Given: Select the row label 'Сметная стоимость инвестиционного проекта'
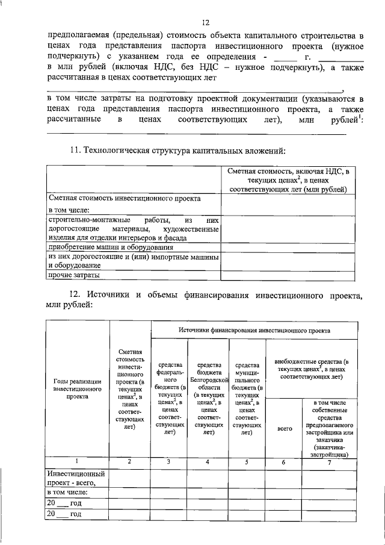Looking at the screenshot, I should click(x=124, y=198).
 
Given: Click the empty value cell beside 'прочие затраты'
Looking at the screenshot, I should click(x=287, y=275).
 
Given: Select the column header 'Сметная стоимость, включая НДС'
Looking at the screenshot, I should click(x=287, y=180).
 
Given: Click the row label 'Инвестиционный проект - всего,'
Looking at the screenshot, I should click(x=76, y=478).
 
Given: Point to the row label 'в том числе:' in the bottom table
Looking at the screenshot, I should click(x=67, y=492).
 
